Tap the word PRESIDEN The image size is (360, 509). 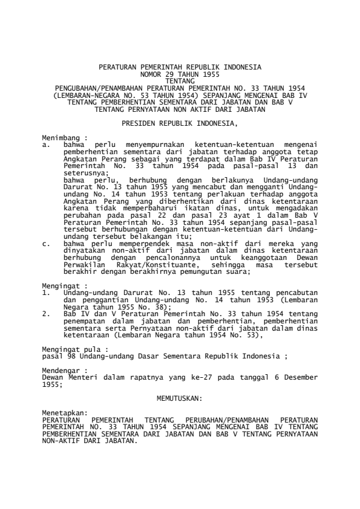(x=140, y=123)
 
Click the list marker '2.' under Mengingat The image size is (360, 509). (x=46, y=314)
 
